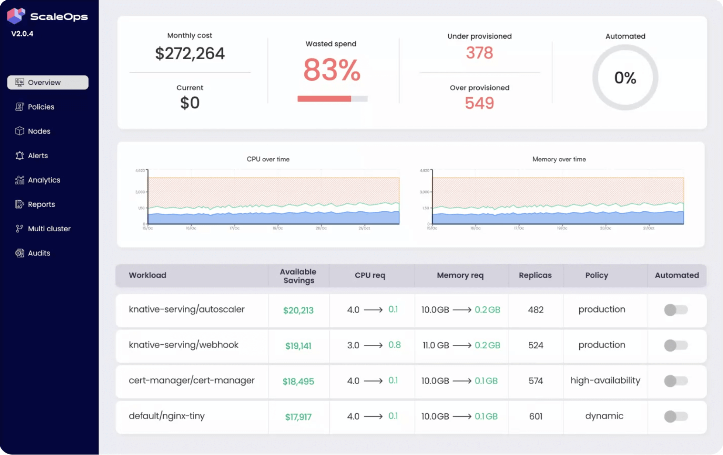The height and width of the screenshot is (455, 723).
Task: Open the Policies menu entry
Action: (x=41, y=107)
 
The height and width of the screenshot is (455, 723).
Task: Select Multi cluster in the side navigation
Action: (x=49, y=229)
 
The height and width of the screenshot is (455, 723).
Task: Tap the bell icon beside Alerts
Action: (x=19, y=155)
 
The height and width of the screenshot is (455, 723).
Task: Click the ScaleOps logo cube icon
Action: (x=16, y=16)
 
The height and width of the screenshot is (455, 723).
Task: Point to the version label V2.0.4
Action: (x=22, y=34)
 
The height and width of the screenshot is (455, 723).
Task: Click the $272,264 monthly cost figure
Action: (x=190, y=54)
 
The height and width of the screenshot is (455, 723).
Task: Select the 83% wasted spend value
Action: (x=331, y=70)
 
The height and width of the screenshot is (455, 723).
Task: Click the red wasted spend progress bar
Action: (x=324, y=99)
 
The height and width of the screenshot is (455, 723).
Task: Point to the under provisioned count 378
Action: (x=479, y=53)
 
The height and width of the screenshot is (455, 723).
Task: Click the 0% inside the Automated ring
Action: (x=625, y=78)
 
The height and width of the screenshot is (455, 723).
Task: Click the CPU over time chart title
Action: (x=268, y=159)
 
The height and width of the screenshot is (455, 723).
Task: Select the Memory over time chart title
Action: (x=559, y=159)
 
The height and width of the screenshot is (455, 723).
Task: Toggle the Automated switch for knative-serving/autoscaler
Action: (x=676, y=310)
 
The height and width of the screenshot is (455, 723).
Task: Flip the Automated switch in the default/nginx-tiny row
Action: (x=676, y=417)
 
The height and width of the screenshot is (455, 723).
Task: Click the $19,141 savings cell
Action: (x=298, y=346)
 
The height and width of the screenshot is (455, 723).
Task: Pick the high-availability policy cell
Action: (x=605, y=381)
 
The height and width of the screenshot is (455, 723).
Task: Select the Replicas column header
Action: (x=535, y=275)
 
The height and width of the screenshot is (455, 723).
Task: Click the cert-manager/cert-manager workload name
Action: (x=191, y=381)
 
